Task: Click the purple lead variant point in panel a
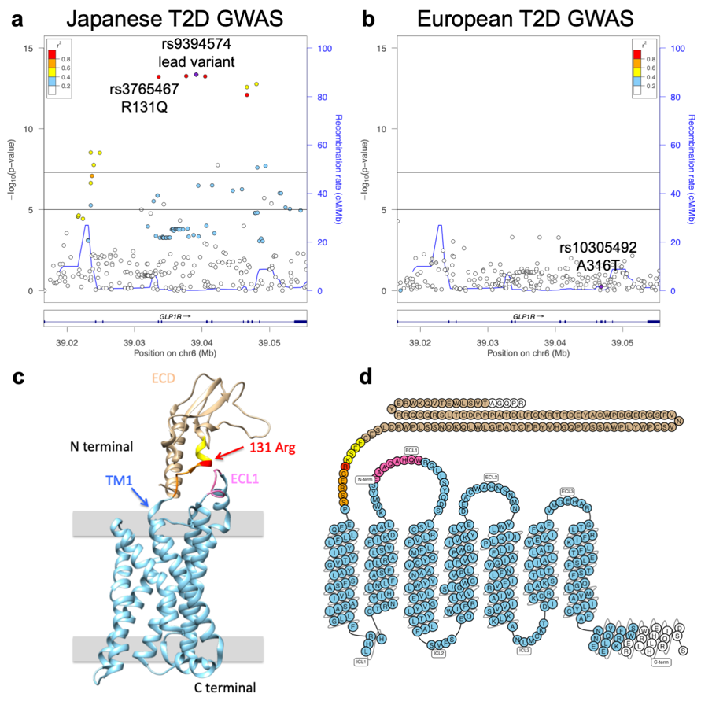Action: tap(196, 74)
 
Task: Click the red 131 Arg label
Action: tap(272, 448)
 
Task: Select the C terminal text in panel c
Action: tap(225, 688)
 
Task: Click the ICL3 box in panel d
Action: tap(523, 650)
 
